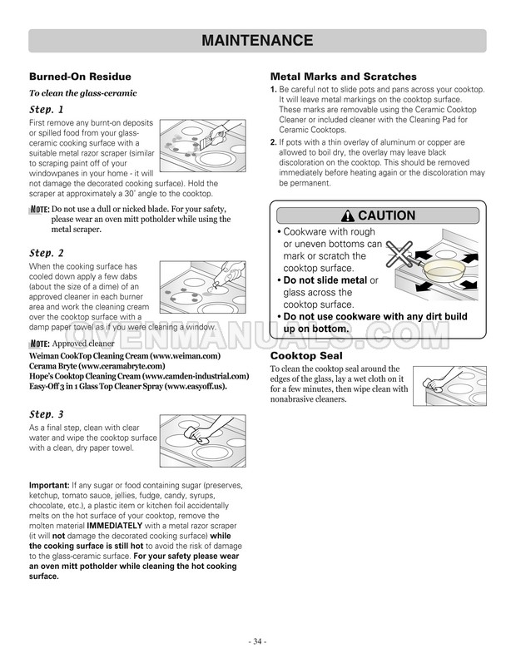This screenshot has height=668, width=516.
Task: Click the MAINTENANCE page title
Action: [x=257, y=41]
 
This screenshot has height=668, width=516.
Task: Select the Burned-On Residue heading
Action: [x=80, y=77]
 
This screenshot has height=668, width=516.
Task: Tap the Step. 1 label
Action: [x=46, y=110]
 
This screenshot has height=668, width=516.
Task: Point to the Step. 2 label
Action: [x=46, y=253]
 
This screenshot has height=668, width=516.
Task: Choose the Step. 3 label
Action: [x=46, y=414]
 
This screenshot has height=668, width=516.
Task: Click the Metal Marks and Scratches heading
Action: [x=344, y=77]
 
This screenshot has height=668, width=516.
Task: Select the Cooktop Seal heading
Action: [x=306, y=356]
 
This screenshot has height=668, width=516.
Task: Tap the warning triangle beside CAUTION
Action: [x=348, y=216]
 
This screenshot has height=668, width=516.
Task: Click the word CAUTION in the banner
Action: [x=386, y=215]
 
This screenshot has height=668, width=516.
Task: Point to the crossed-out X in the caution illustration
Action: [x=399, y=254]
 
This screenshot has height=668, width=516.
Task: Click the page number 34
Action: [x=257, y=641]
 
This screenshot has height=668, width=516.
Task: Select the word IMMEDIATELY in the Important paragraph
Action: [x=115, y=526]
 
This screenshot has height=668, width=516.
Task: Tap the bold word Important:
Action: [x=49, y=485]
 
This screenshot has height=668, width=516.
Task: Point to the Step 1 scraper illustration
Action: [x=203, y=146]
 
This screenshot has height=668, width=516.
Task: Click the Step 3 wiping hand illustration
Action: [x=203, y=441]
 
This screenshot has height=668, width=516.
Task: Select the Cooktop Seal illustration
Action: [x=449, y=386]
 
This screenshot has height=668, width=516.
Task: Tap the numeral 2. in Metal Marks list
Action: [x=274, y=142]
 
